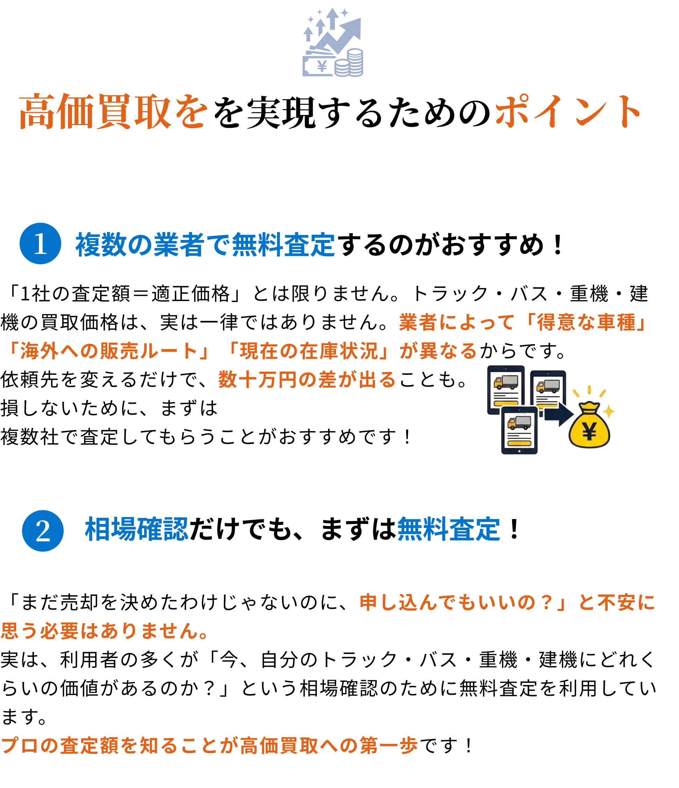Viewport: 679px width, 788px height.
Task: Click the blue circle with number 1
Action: (40, 243)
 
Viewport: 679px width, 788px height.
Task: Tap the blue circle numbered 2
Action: (43, 531)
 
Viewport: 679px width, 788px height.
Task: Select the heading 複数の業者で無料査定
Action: (205, 245)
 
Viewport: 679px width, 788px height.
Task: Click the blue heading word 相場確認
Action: (136, 529)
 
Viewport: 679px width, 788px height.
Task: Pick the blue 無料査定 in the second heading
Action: (448, 529)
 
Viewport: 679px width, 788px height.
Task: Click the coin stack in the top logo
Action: (349, 63)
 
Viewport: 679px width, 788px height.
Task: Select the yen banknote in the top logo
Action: (319, 67)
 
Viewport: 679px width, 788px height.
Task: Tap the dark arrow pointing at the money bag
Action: (558, 415)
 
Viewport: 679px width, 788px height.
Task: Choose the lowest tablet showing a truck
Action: (519, 430)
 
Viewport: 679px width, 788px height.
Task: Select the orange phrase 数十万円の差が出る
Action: (307, 380)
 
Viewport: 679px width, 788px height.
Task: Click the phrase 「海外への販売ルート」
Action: (108, 351)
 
